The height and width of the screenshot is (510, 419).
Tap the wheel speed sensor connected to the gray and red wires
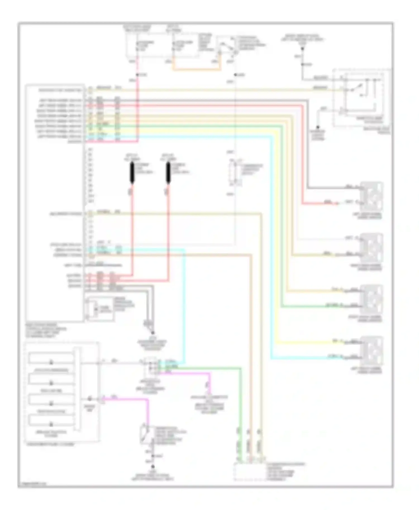[372, 196]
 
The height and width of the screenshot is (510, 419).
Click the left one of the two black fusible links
[132, 173]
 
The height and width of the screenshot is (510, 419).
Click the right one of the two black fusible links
[168, 173]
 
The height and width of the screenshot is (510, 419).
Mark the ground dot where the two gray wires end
[153, 333]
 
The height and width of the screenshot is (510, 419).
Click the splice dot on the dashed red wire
[137, 75]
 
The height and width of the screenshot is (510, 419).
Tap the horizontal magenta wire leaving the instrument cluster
[126, 400]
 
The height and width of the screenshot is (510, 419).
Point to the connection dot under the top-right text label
[302, 49]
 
